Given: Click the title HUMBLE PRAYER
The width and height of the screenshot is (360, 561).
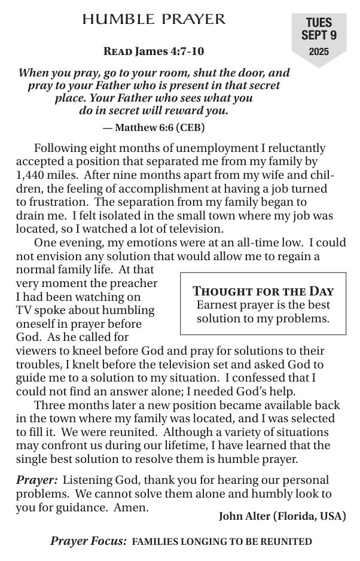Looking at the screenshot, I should pos(154,19).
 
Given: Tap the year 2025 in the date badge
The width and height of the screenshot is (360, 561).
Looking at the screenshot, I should pos(319,52).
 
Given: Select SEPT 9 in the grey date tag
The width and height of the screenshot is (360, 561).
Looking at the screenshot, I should pos(319,36).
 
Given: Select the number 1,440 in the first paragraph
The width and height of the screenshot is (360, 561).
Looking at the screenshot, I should pos(31,175).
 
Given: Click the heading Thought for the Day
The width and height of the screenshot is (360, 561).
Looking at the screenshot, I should pos(263,291).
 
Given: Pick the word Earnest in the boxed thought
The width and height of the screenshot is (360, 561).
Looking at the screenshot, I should pos(218,304).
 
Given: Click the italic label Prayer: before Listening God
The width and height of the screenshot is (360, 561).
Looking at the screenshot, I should pos(36,480).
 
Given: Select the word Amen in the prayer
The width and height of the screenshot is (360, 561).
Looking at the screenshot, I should pos(133,507).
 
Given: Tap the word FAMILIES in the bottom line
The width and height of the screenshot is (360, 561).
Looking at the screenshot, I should pos(155,542).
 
